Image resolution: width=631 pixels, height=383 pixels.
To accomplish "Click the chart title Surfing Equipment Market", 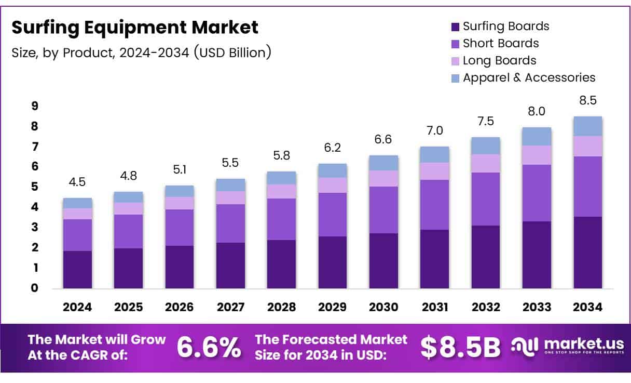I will pos(135,28).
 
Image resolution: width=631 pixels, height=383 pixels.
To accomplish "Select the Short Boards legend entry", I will pos(500,43).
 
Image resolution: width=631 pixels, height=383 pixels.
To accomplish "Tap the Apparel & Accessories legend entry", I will pos(528,77).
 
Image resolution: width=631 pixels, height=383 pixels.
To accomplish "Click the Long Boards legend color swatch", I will pos(456,61).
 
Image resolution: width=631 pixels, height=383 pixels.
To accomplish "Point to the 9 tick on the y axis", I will pos(35,106).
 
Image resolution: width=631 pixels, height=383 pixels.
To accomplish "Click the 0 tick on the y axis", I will pos(35,288).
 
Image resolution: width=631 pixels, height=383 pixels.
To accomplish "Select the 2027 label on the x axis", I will pos(230,307).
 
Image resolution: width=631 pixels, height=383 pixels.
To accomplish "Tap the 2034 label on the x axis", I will pos(587,307).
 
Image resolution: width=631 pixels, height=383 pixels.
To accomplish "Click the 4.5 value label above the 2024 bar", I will pos(77,183).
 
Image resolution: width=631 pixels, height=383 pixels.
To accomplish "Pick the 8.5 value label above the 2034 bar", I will pos(587,100).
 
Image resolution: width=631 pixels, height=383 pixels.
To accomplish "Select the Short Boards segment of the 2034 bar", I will pos(587,186).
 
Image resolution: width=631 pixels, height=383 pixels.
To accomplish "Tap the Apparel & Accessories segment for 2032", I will pos(485,146).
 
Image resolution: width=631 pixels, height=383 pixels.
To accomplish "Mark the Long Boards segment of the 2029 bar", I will pos(333,185).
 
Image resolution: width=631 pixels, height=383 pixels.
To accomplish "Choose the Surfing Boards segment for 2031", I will pos(434,259).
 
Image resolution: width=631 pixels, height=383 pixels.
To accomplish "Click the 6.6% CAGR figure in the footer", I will pos(209,347).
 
